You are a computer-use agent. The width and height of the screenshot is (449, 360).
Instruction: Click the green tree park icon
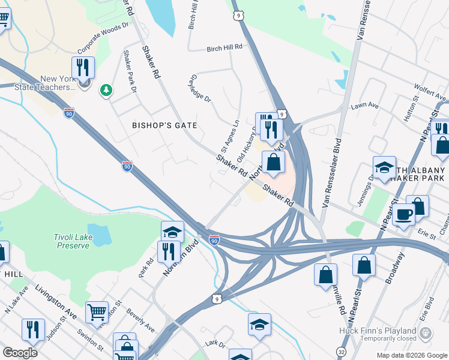(106, 90)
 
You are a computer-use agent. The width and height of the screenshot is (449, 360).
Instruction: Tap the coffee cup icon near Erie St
(404, 214)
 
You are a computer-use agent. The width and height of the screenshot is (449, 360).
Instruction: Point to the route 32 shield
(342, 351)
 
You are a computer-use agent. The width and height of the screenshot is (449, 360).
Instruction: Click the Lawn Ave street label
(365, 106)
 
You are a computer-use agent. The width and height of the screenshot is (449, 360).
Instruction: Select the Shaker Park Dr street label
(130, 71)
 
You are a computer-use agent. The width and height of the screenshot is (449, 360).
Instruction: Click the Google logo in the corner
(20, 353)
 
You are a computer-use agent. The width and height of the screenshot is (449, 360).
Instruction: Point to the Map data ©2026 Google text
(411, 355)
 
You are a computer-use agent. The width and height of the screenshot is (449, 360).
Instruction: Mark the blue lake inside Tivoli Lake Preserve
(99, 235)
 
